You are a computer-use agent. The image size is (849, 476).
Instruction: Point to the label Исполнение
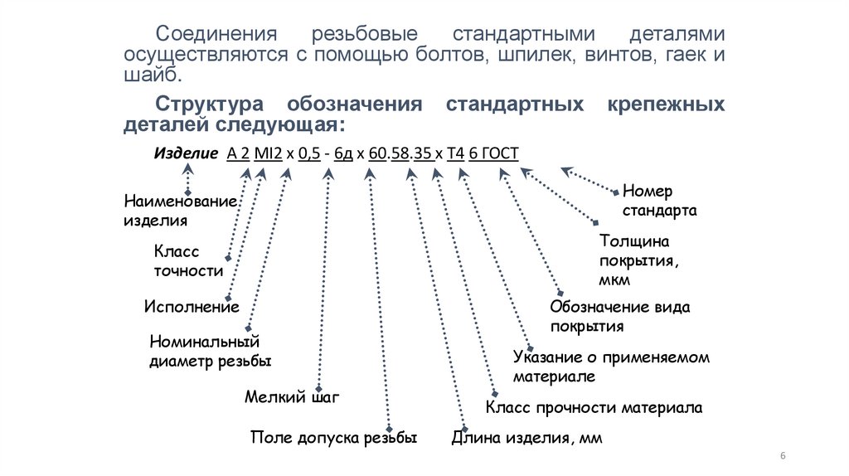tap(191, 307)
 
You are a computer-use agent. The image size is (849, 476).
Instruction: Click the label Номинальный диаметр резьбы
tap(210, 352)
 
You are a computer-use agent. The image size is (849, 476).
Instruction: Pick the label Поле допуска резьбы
tap(332, 437)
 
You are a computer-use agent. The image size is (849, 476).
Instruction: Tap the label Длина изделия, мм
tap(526, 437)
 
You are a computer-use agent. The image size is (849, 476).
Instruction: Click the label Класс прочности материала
tap(594, 407)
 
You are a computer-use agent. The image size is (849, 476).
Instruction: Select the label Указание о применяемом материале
tap(611, 367)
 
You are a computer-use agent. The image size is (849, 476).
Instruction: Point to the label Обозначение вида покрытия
tap(619, 317)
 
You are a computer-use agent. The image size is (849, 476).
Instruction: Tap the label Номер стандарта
tap(659, 201)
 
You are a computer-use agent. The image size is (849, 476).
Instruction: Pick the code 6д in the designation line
tap(343, 154)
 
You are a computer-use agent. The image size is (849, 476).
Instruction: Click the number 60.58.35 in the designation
tap(400, 154)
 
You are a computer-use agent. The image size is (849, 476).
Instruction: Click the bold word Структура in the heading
tap(210, 105)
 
